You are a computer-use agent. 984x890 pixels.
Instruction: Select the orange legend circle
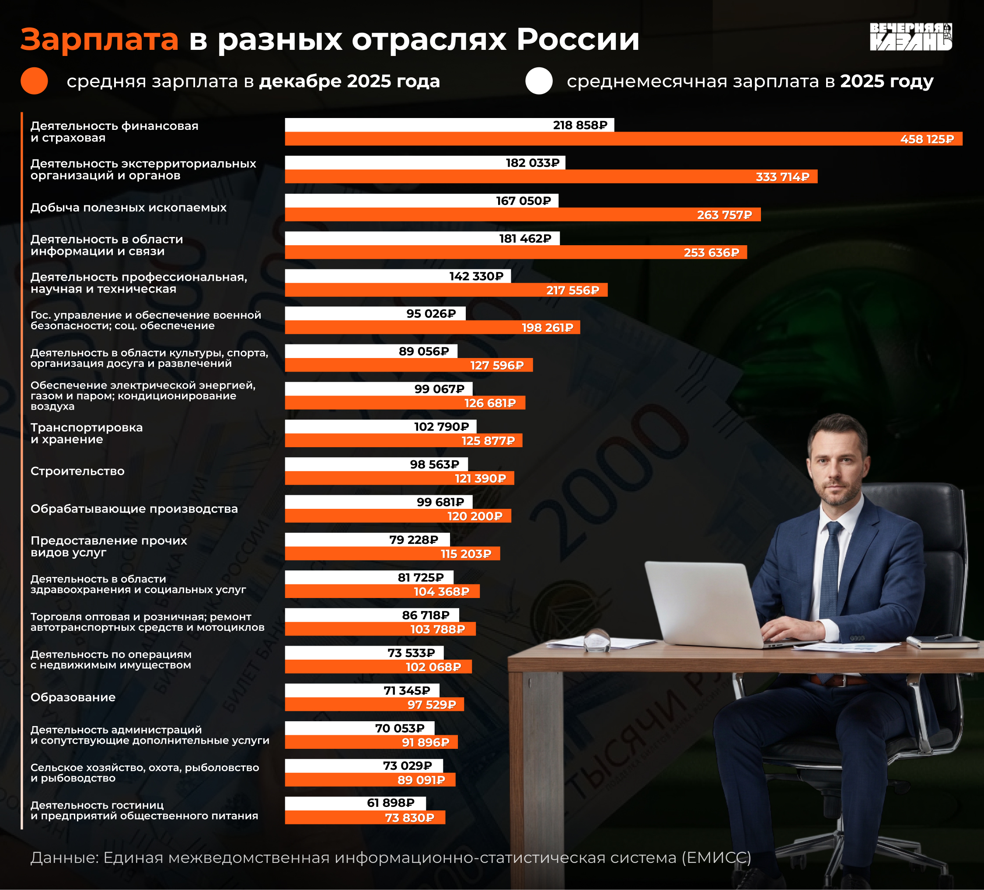point(34,81)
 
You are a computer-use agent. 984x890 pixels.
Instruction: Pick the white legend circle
point(539,81)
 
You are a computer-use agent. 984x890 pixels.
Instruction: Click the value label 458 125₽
point(927,139)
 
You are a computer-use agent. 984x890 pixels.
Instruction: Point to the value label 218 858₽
point(580,125)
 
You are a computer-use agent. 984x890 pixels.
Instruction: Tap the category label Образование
point(73,697)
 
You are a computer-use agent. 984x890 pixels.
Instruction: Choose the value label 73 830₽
point(409,818)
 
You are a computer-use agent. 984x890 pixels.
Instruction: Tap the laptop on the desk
point(703,605)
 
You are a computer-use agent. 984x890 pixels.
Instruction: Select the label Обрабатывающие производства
point(134,509)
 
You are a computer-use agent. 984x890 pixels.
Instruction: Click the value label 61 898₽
point(391,803)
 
